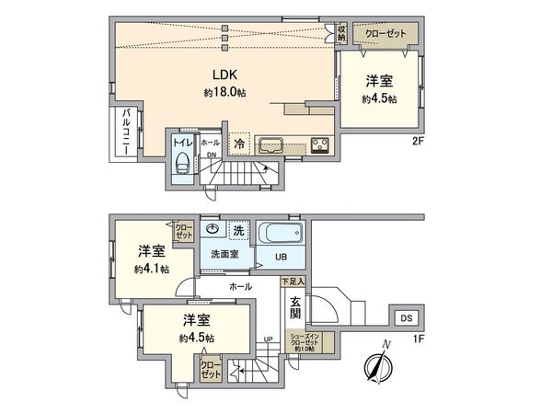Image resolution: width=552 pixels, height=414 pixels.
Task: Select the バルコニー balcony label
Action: (125, 132)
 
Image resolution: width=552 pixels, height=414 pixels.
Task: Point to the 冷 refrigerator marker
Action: (239, 144)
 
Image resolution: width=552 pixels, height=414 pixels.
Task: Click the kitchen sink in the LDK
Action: (272, 144)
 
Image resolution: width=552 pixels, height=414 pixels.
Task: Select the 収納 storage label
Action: (341, 32)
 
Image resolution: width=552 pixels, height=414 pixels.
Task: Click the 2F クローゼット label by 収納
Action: (384, 33)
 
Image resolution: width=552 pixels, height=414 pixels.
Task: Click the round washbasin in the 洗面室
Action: (213, 229)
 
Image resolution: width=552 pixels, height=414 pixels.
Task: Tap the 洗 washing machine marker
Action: (237, 229)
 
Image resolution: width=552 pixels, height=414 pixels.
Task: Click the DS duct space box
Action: (406, 318)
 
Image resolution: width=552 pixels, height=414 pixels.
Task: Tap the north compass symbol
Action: (379, 362)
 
